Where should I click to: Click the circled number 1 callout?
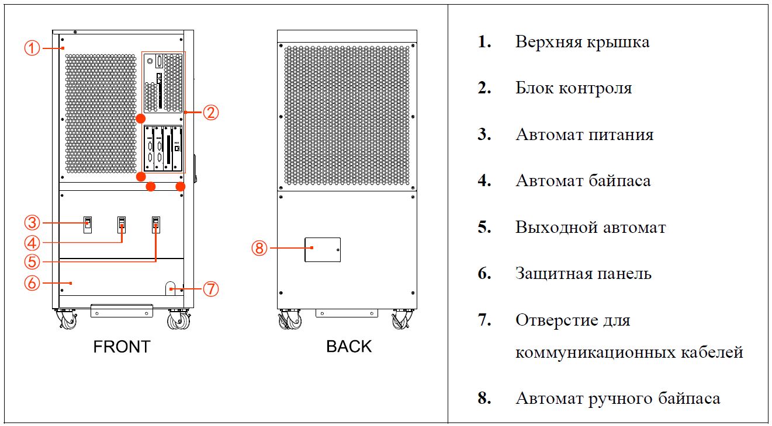click(x=32, y=48)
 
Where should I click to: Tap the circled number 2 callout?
click(x=210, y=112)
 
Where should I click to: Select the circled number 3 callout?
click(x=32, y=222)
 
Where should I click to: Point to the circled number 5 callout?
click(x=32, y=261)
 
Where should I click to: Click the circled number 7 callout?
click(x=210, y=288)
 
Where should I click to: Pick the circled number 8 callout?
click(x=259, y=248)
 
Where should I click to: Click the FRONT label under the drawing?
click(x=122, y=347)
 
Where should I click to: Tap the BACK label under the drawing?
click(x=348, y=347)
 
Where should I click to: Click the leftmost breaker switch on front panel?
click(x=87, y=224)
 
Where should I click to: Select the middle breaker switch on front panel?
click(x=122, y=224)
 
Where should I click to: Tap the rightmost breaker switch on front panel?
click(x=156, y=224)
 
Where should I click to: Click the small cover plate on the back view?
click(x=323, y=249)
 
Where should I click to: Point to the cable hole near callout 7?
click(x=171, y=288)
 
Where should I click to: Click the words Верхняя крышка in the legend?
click(x=582, y=42)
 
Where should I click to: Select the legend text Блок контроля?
click(x=573, y=88)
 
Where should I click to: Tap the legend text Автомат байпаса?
click(x=583, y=180)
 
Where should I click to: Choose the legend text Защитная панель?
click(x=583, y=273)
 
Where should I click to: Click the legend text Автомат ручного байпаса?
click(x=617, y=399)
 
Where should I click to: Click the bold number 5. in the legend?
click(x=484, y=227)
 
